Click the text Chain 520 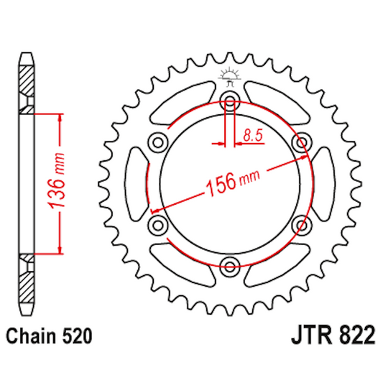pyautogui.click(x=48, y=336)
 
